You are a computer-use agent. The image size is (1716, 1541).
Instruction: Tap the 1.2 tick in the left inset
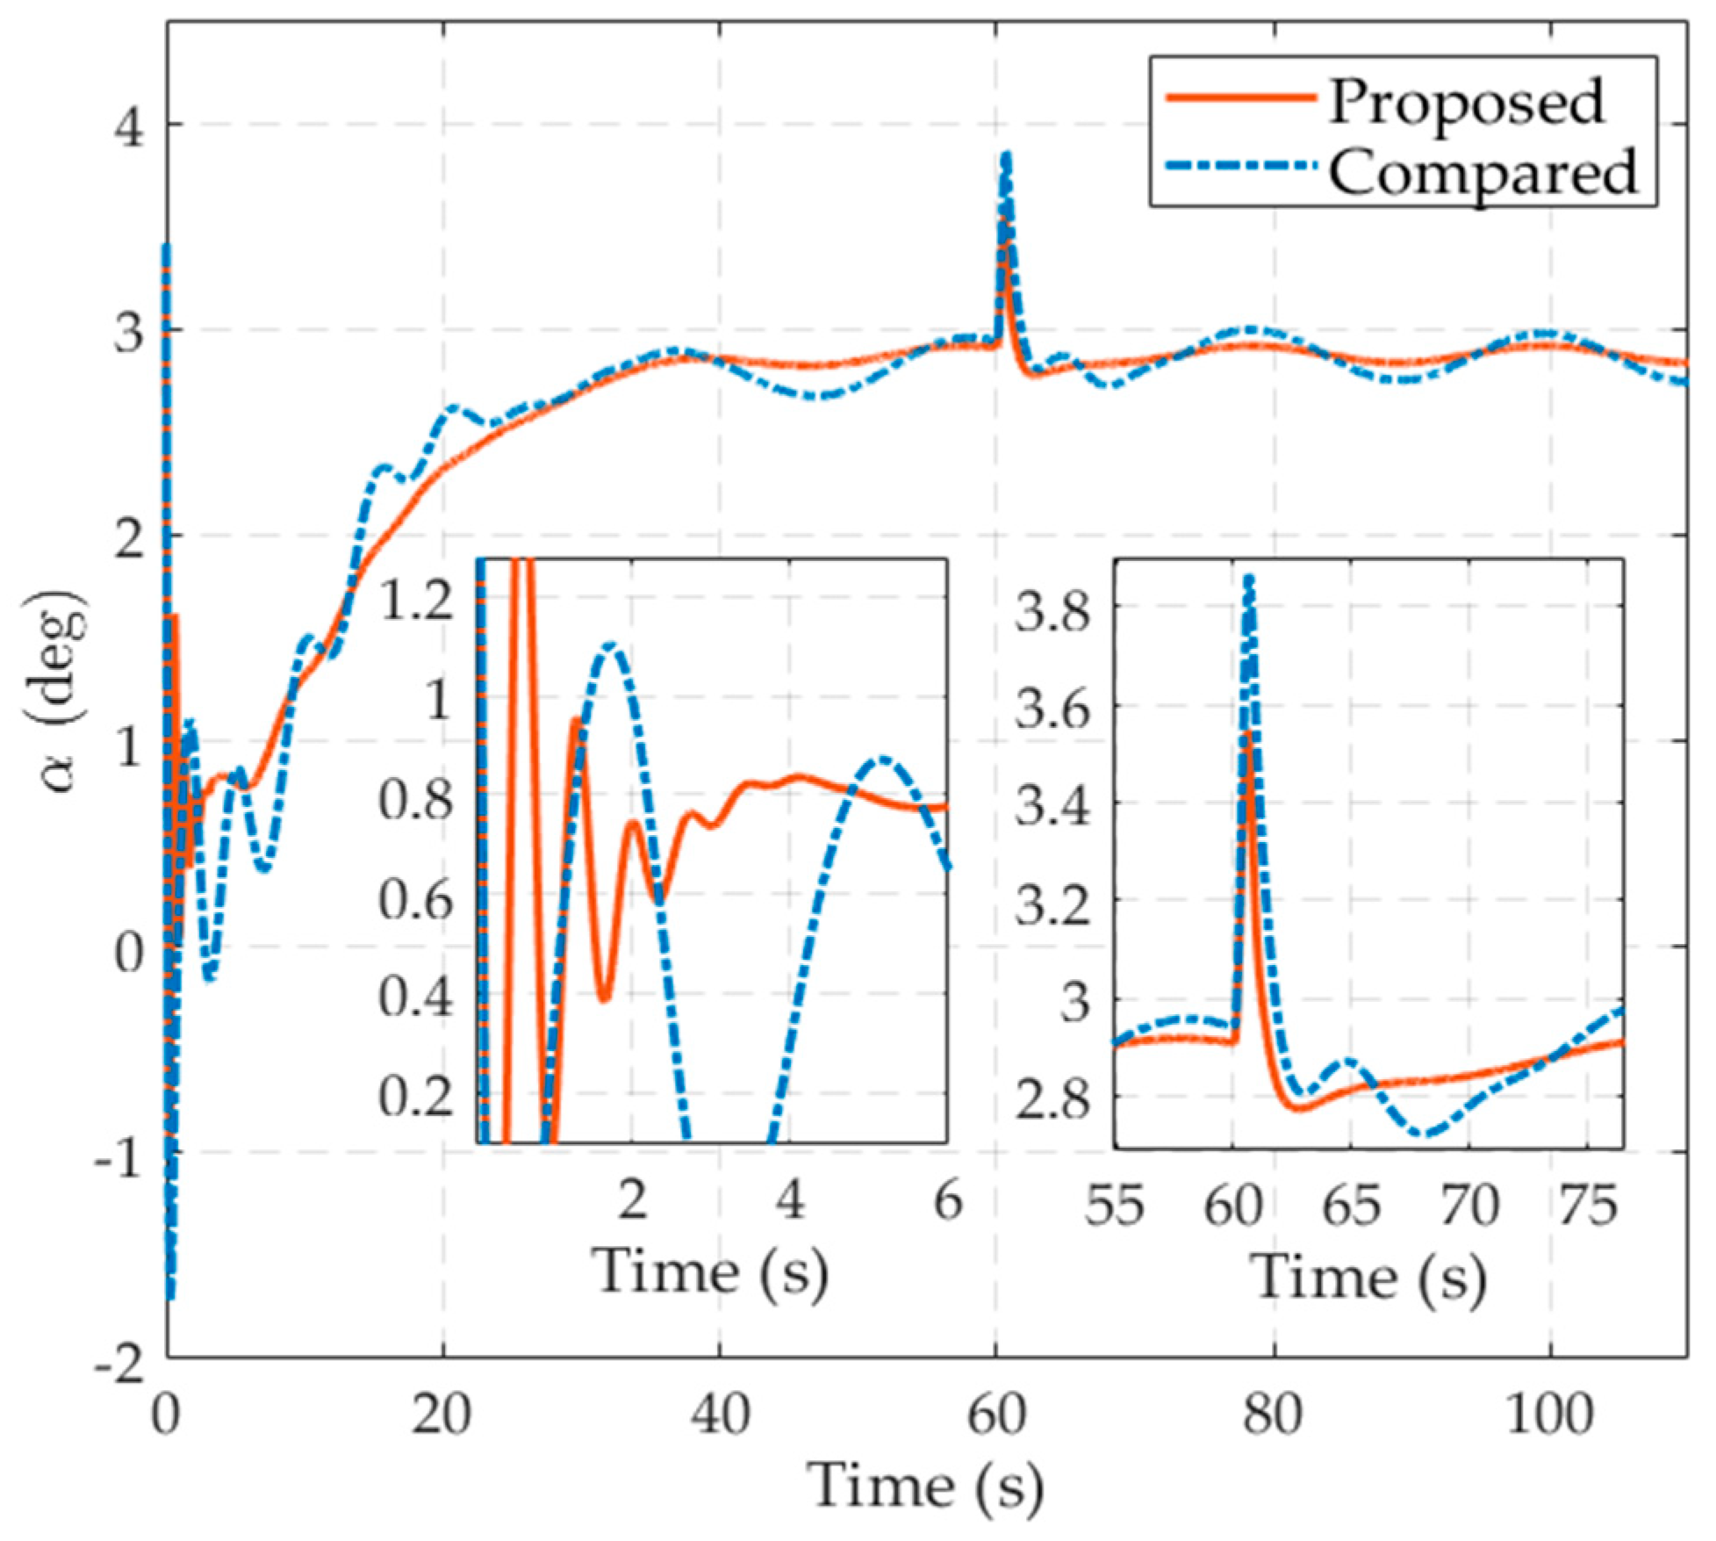[415, 604]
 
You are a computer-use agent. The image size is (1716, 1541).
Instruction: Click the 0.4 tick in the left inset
[415, 998]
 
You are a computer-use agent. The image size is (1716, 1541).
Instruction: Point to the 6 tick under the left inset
[947, 1200]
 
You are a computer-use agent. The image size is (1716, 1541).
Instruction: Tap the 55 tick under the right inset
[1115, 1206]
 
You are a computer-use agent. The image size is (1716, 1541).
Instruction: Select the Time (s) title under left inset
[711, 1271]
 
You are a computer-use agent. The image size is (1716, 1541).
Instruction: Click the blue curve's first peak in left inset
[611, 646]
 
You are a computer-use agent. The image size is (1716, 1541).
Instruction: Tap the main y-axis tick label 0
[130, 951]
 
